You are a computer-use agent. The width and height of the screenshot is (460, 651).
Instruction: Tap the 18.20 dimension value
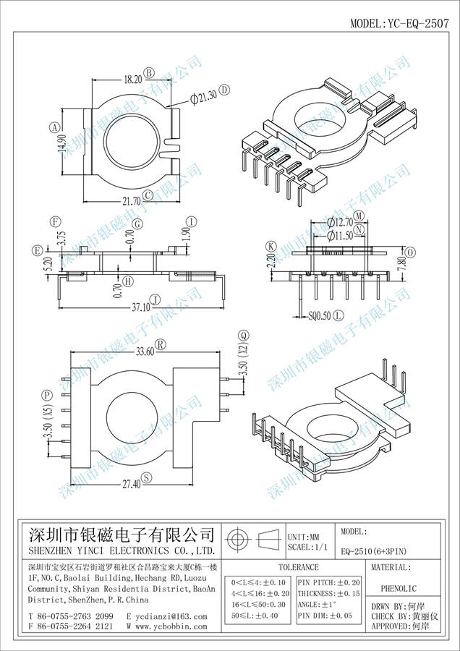132,74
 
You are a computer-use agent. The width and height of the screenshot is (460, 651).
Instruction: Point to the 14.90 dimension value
63,148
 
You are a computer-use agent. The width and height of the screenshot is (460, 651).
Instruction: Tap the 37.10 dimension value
140,307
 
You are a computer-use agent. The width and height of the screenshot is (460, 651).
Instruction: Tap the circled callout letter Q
244,335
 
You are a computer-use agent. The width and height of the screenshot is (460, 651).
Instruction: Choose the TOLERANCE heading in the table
298,568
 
